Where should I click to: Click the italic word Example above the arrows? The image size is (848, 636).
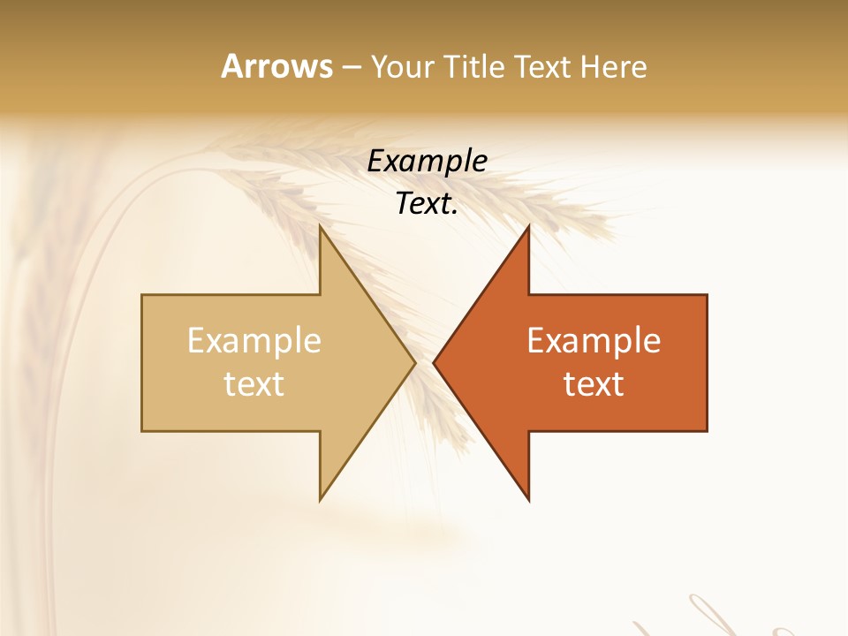(x=427, y=162)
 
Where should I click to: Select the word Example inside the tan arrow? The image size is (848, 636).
(x=254, y=341)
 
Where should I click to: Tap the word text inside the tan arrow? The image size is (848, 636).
(x=254, y=384)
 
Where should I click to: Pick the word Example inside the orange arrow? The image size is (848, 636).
(x=594, y=341)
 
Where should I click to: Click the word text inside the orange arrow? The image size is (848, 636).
(x=594, y=384)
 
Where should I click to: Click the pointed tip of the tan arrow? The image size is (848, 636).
(x=414, y=362)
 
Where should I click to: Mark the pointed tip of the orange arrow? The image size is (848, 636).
(x=435, y=362)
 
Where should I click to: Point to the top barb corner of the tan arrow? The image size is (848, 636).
(x=321, y=227)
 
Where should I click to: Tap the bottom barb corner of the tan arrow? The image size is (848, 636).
(x=321, y=499)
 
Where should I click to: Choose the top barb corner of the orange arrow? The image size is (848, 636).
(x=528, y=227)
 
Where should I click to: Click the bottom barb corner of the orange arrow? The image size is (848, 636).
(x=528, y=499)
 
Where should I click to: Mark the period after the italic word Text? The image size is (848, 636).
(x=455, y=213)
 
